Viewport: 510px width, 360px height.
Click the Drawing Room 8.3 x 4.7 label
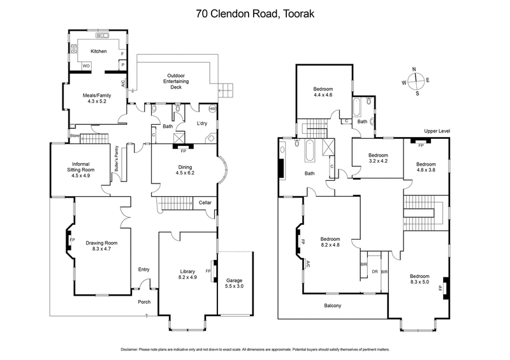(x=103, y=246)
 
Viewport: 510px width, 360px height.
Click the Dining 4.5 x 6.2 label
(x=183, y=169)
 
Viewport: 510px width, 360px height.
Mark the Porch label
(x=144, y=301)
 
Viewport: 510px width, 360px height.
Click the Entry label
(x=144, y=270)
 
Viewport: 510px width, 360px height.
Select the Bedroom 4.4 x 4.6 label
(x=324, y=91)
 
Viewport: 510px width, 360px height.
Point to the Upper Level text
(x=437, y=131)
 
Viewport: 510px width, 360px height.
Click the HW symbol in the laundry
(x=212, y=109)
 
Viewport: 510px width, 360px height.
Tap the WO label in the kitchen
(x=85, y=66)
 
